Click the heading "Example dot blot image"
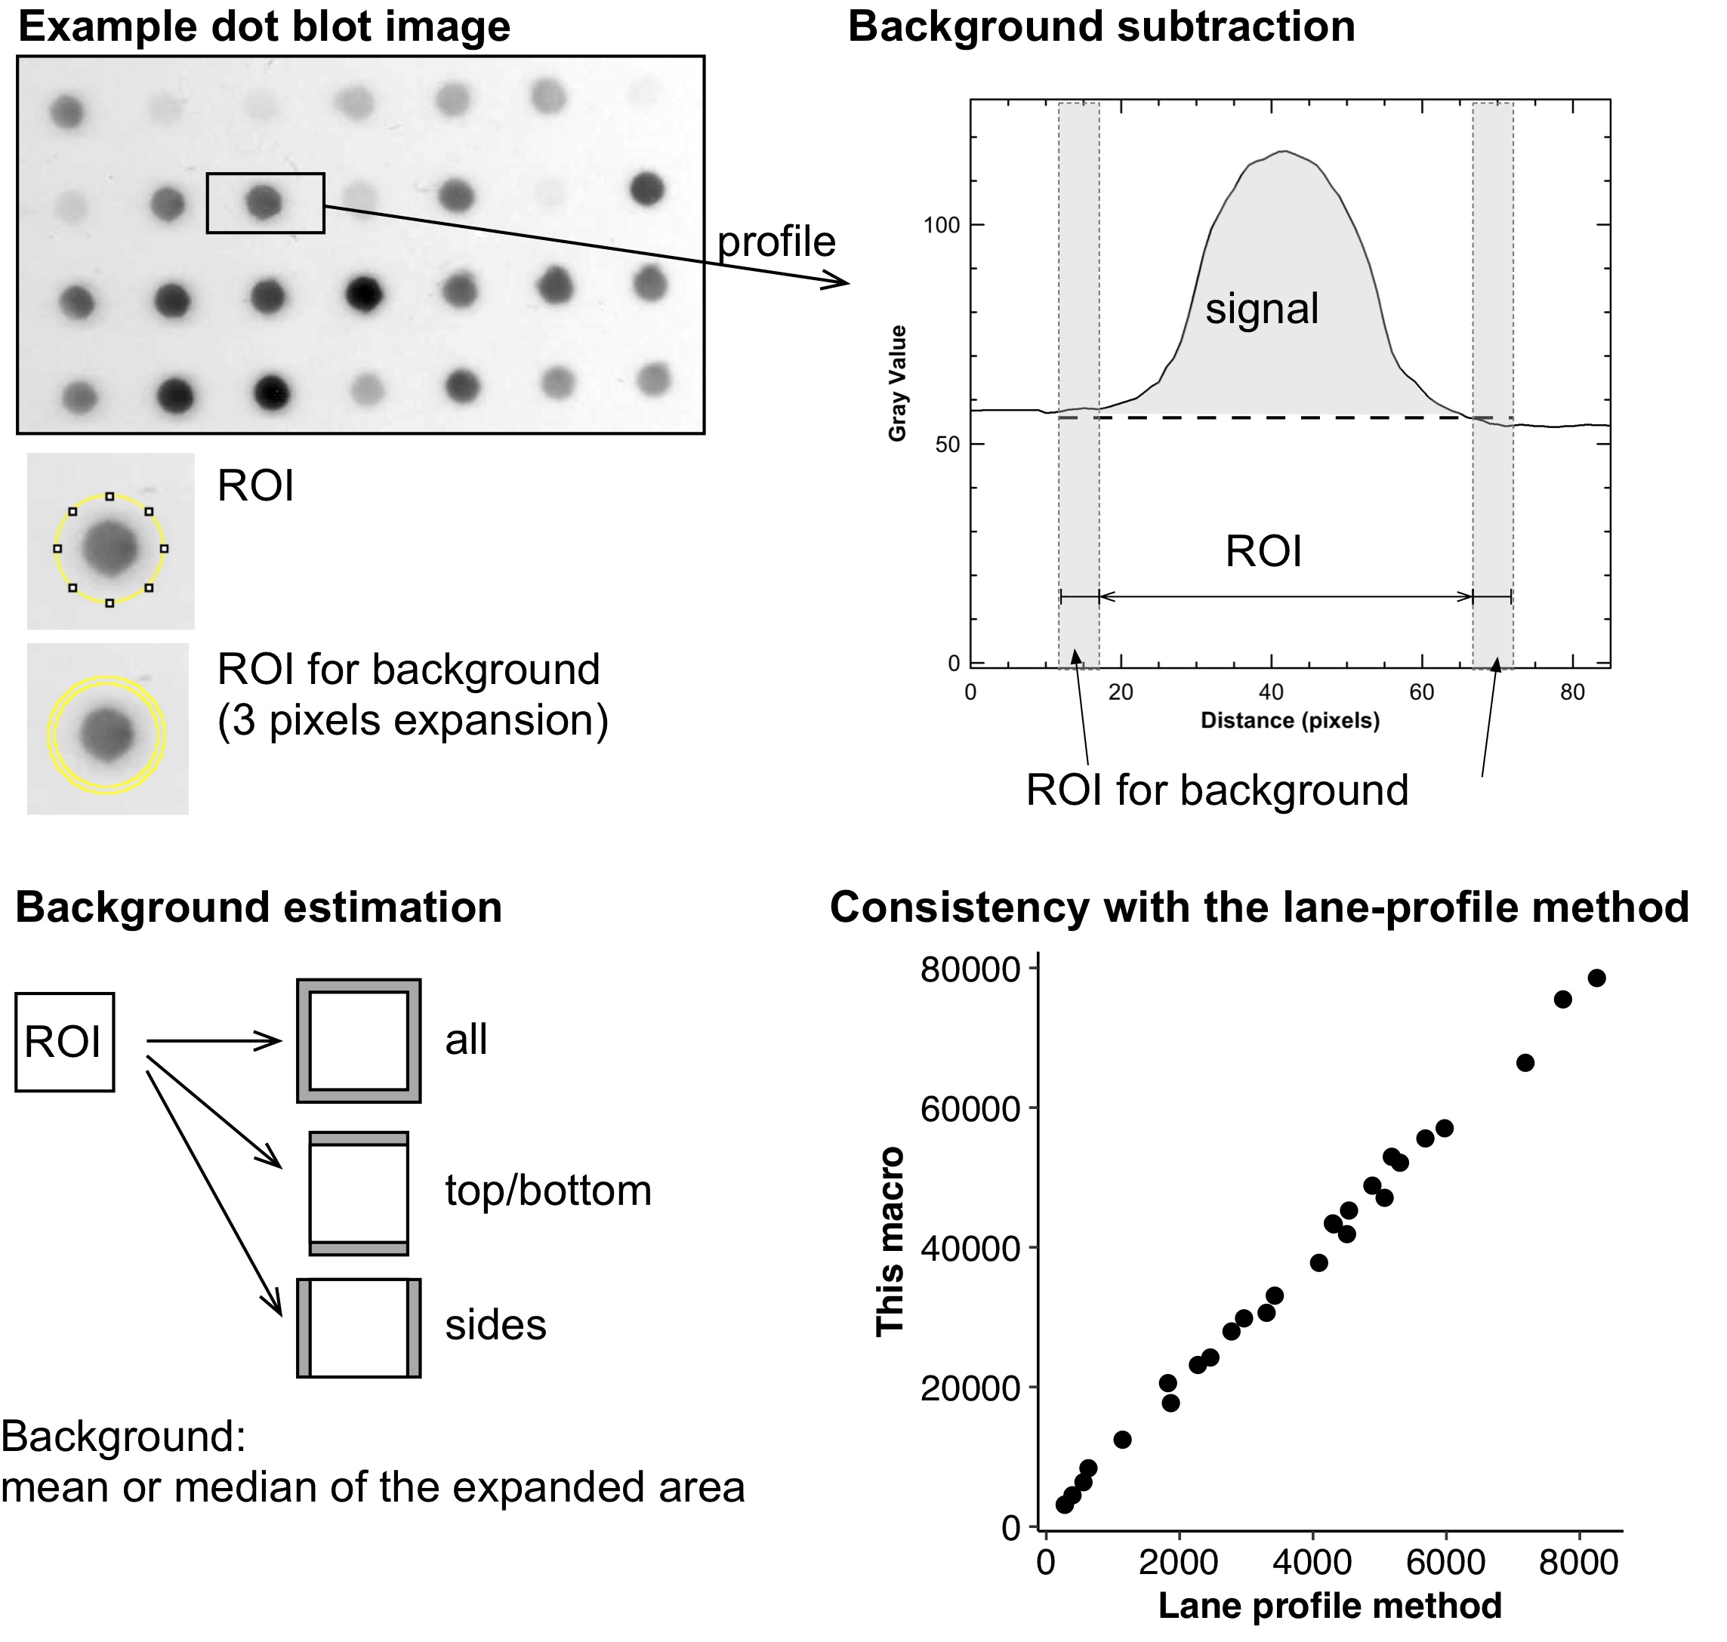264,26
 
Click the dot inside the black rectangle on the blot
264,202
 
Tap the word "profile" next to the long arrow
776,242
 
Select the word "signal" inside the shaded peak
1261,309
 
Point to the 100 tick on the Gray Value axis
942,225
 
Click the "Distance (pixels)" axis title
1289,720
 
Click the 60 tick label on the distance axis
1421,692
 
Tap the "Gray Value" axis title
897,384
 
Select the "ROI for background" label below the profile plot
1217,790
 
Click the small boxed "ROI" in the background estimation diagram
64,1042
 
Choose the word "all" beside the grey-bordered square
466,1040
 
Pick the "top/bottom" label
548,1191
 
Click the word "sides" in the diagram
495,1324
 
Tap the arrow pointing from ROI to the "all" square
214,1041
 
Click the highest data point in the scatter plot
1596,978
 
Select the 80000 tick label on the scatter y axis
970,970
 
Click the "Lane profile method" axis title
1330,1605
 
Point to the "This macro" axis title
890,1242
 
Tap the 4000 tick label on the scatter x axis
1311,1562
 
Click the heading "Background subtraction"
1101,26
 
